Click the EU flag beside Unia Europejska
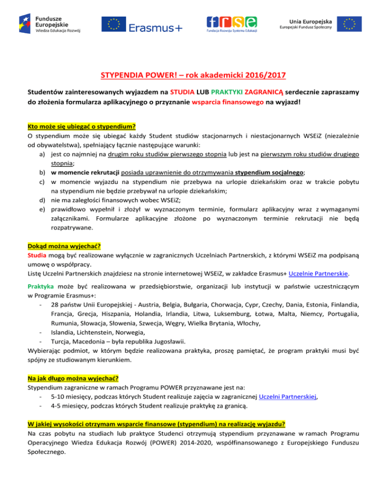pos(349,24)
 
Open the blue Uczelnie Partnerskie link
pos(321,274)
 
